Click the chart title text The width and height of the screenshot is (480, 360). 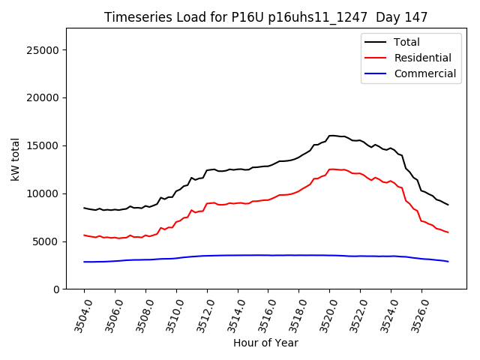click(266, 17)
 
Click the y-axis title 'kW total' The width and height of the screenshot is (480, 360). click(16, 159)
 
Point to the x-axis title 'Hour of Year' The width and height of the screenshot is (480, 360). click(266, 343)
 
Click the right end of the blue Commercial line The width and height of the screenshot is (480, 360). click(448, 261)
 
